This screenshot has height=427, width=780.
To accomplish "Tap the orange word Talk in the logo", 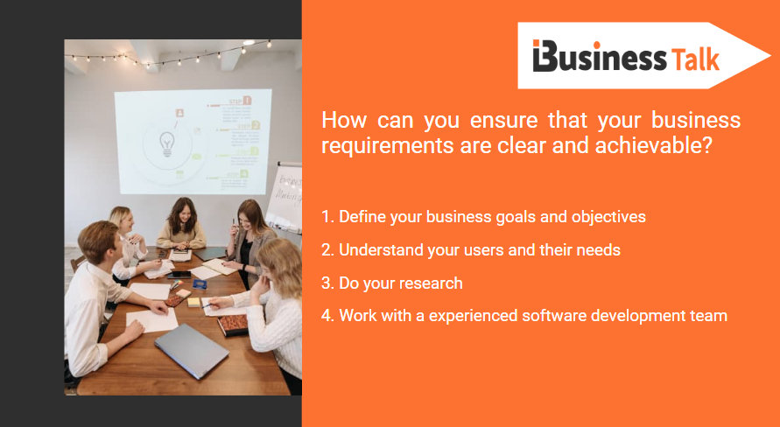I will [x=696, y=59].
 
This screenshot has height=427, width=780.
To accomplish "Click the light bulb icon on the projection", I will [x=166, y=143].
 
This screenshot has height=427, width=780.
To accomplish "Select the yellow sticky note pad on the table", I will [x=193, y=302].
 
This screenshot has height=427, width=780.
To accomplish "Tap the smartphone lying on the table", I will [x=179, y=274].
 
